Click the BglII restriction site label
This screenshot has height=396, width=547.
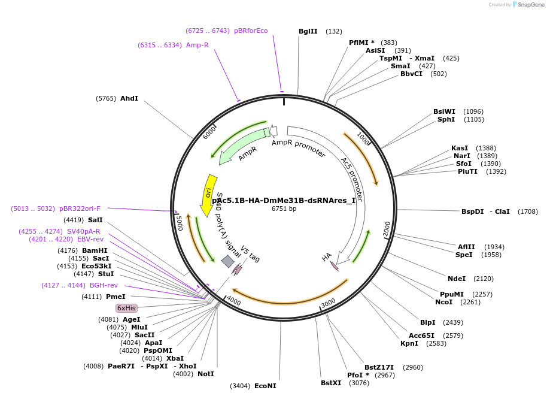pos(308,31)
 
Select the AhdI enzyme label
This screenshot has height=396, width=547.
pos(129,98)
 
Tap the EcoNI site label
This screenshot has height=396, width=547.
pos(265,386)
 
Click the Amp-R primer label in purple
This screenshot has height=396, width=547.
pos(197,45)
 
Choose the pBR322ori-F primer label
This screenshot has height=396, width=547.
pos(80,208)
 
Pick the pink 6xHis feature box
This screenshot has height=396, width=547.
pos(126,307)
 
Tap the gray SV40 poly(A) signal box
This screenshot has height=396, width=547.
pos(228,261)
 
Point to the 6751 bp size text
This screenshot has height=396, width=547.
pos(284,209)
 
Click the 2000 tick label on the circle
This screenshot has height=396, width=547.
pos(387,228)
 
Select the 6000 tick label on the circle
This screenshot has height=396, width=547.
pos(210,132)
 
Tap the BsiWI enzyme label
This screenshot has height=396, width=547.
pos(444,111)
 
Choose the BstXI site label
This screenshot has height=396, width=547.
pos(330,383)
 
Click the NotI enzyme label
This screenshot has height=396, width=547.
pos(205,374)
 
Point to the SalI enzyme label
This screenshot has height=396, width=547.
pos(95,220)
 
